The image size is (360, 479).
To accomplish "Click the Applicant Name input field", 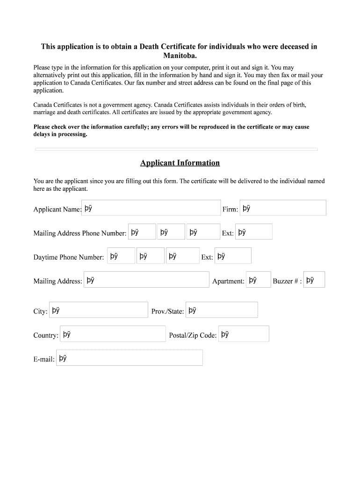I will tap(151, 208).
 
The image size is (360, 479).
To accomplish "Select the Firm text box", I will tap(282, 208).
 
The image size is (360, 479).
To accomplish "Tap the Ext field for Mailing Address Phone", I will tap(253, 232).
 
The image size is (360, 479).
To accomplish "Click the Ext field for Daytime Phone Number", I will tap(233, 256).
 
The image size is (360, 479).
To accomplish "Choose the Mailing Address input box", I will tap(146, 280).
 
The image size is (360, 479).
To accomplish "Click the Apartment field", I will tap(258, 280).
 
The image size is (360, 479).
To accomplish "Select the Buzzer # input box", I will tap(314, 280).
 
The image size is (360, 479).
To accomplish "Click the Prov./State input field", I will tap(222, 310).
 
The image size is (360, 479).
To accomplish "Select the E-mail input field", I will tap(130, 358).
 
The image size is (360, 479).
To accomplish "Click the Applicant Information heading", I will tap(180, 163).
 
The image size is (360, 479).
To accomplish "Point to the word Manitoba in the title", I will tap(180, 56).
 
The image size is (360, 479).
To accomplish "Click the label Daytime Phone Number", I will tap(69, 257).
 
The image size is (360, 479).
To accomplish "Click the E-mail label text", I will tap(44, 359).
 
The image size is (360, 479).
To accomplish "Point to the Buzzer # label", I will tap(287, 281).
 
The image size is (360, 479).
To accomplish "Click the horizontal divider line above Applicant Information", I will tap(176, 149).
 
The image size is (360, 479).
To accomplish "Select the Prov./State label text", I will tap(167, 312).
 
